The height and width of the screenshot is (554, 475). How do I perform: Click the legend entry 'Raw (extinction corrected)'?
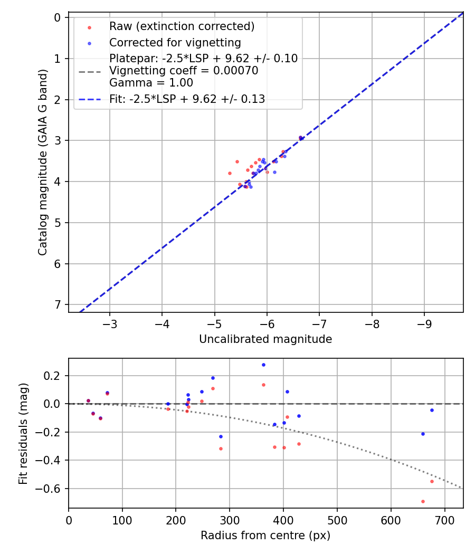pyautogui.click(x=182, y=26)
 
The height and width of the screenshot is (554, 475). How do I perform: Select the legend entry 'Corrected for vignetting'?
pyautogui.click(x=175, y=43)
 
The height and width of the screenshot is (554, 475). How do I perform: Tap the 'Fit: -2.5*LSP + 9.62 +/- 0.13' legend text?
pyautogui.click(x=187, y=99)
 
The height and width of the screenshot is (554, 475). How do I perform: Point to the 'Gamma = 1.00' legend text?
pyautogui.click(x=151, y=83)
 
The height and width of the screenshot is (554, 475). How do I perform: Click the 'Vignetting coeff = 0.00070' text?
pyautogui.click(x=184, y=71)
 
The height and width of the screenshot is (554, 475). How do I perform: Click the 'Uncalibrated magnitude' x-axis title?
pyautogui.click(x=265, y=339)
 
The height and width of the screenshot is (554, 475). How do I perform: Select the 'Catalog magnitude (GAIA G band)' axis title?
pyautogui.click(x=43, y=162)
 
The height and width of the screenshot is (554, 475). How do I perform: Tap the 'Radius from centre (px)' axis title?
pyautogui.click(x=265, y=535)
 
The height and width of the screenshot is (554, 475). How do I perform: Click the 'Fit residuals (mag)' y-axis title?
pyautogui.click(x=23, y=433)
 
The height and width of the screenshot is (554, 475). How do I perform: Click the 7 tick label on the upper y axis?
pyautogui.click(x=58, y=304)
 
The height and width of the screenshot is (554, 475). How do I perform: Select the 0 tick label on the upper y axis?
pyautogui.click(x=58, y=17)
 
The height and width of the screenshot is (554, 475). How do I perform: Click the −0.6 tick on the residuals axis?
pyautogui.click(x=51, y=489)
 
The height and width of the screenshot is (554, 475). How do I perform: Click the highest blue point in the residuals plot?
pyautogui.click(x=263, y=365)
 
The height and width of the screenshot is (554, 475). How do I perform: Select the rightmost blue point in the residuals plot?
pyautogui.click(x=432, y=410)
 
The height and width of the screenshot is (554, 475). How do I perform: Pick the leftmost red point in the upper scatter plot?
pyautogui.click(x=230, y=173)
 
